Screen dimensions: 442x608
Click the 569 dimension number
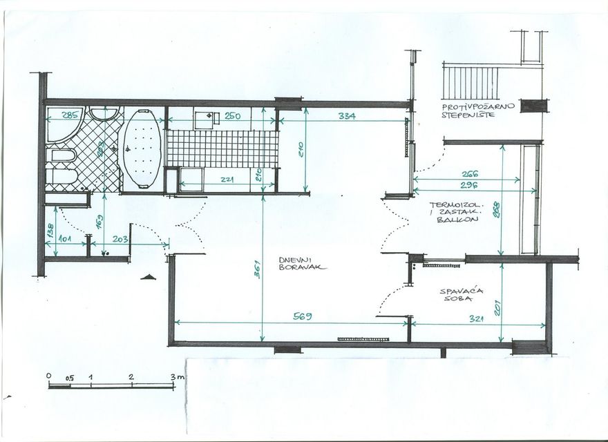click(x=303, y=316)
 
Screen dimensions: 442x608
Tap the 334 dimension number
click(x=347, y=117)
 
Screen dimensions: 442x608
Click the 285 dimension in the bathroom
click(x=70, y=116)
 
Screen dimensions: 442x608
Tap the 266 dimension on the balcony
click(x=471, y=175)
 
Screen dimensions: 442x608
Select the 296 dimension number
click(x=471, y=185)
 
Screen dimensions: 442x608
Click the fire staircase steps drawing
click(x=471, y=82)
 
